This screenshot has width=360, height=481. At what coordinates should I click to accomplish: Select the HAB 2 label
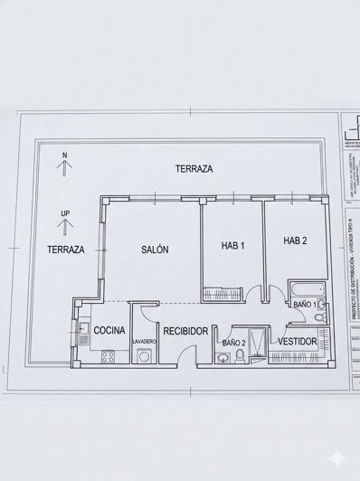[x=295, y=240]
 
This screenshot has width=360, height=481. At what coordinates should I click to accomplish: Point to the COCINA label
[x=109, y=332]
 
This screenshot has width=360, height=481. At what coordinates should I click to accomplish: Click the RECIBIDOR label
[x=187, y=332]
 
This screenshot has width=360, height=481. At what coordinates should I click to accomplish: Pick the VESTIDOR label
[x=296, y=342]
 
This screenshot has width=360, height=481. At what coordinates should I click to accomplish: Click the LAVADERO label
[x=145, y=342]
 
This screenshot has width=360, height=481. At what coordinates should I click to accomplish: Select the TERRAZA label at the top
[x=194, y=169]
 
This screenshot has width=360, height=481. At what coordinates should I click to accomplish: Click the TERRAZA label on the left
[x=66, y=250]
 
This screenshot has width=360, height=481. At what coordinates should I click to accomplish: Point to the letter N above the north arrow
[x=64, y=156]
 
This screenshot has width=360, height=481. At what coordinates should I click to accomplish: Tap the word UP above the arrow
[x=64, y=213]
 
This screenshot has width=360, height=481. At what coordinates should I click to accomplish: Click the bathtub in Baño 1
[x=301, y=290]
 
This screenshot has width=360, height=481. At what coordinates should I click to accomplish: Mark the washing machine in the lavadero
[x=144, y=356]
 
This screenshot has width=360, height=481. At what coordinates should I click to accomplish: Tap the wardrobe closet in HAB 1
[x=222, y=291]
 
